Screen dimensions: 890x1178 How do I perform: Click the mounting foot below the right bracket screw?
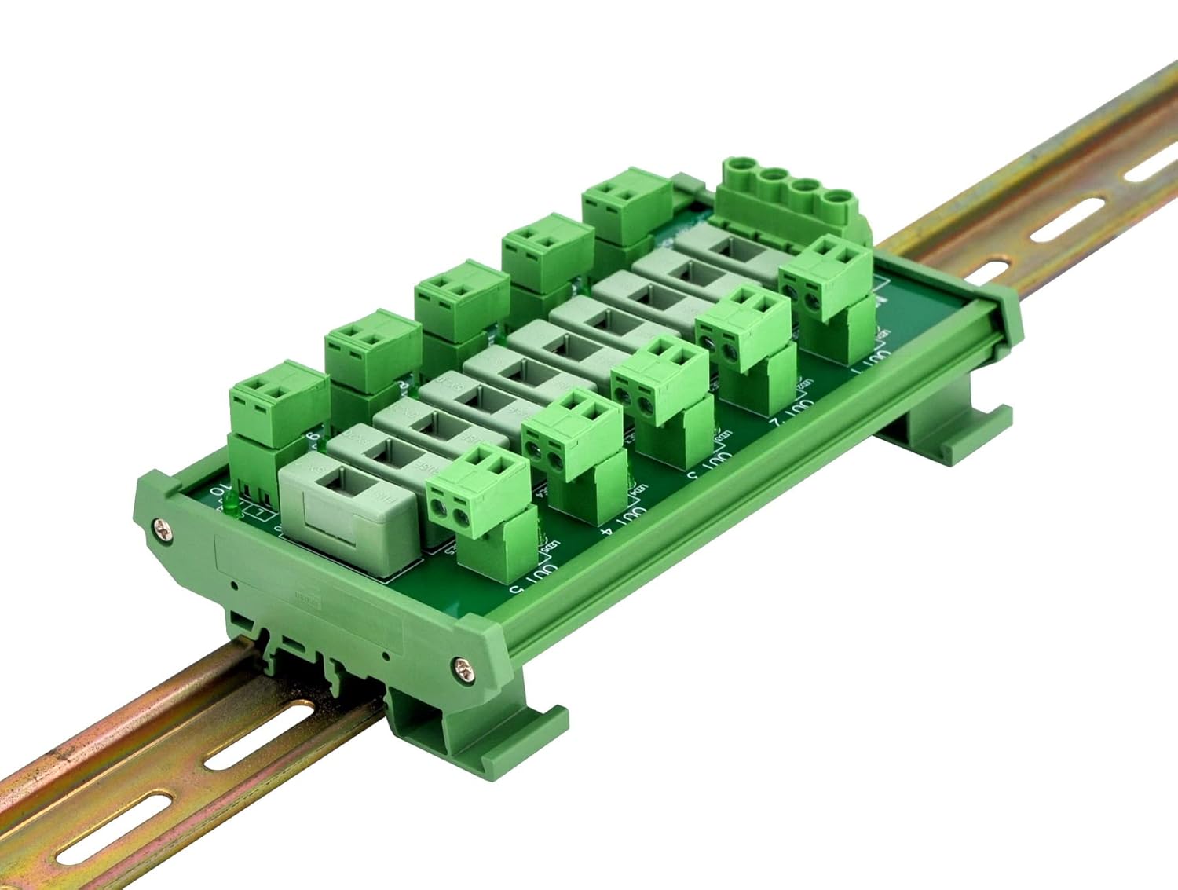click(487, 734)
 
